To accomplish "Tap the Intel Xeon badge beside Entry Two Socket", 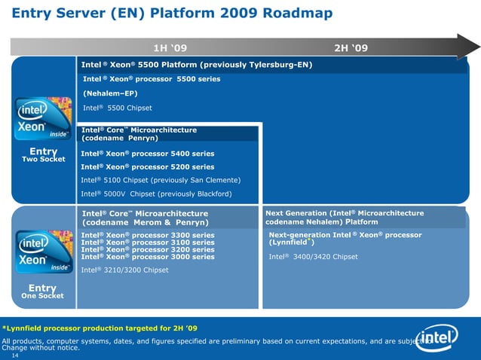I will coord(42,121).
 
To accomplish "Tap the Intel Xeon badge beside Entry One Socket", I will coord(42,252).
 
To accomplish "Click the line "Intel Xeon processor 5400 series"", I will coord(147,154).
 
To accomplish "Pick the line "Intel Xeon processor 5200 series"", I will coord(147,167).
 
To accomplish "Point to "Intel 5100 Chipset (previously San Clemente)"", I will coord(161,180).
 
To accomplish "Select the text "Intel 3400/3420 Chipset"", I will coord(313,257).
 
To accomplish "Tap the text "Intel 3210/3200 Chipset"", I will coord(124,270).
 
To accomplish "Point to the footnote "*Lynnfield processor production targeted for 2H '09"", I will coord(100,328).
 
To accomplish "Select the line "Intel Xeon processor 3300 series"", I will coord(147,235).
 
